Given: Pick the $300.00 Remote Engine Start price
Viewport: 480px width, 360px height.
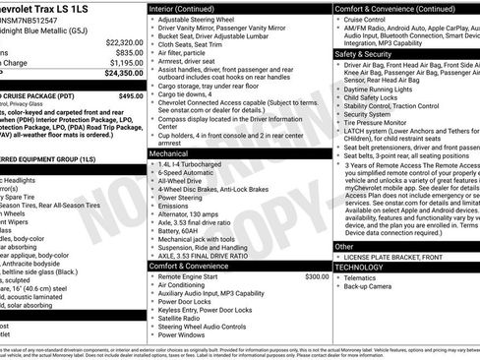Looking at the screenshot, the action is click(x=317, y=276).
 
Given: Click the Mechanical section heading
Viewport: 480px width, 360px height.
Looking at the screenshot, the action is click(x=171, y=153).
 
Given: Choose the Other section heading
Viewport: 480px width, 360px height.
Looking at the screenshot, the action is click(x=344, y=246).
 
